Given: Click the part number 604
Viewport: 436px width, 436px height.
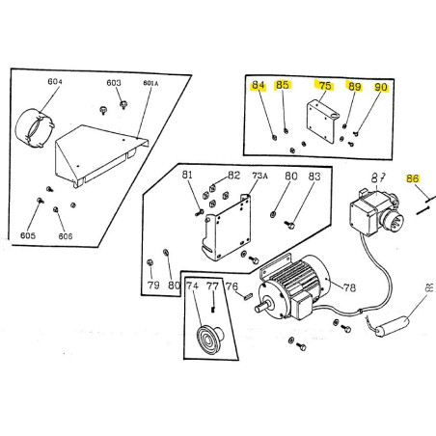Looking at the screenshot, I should pyautogui.click(x=55, y=83).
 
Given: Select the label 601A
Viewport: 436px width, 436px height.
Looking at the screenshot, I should pyautogui.click(x=150, y=84).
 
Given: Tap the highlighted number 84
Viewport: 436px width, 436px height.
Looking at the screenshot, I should pyautogui.click(x=258, y=86).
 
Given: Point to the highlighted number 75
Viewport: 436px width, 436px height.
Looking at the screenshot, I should pyautogui.click(x=325, y=86).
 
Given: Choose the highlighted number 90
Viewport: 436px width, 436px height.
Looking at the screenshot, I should pyautogui.click(x=380, y=87).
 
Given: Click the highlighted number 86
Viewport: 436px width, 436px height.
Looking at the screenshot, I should pyautogui.click(x=413, y=178).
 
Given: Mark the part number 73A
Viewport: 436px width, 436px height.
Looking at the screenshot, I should pyautogui.click(x=259, y=177).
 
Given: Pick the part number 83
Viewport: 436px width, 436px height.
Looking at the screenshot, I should pyautogui.click(x=314, y=177).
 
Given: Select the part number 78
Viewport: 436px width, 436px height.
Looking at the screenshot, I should pyautogui.click(x=349, y=286).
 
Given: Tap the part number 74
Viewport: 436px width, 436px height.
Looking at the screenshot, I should pyautogui.click(x=192, y=286).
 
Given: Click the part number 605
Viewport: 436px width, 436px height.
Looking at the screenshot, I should pyautogui.click(x=28, y=235).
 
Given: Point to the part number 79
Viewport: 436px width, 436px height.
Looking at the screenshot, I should pyautogui.click(x=152, y=286).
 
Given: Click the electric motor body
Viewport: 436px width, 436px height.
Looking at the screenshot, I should pyautogui.click(x=298, y=285).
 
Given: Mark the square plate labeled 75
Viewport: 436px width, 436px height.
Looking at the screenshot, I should pyautogui.click(x=322, y=122).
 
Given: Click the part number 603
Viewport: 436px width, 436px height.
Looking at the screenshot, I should pyautogui.click(x=114, y=84).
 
